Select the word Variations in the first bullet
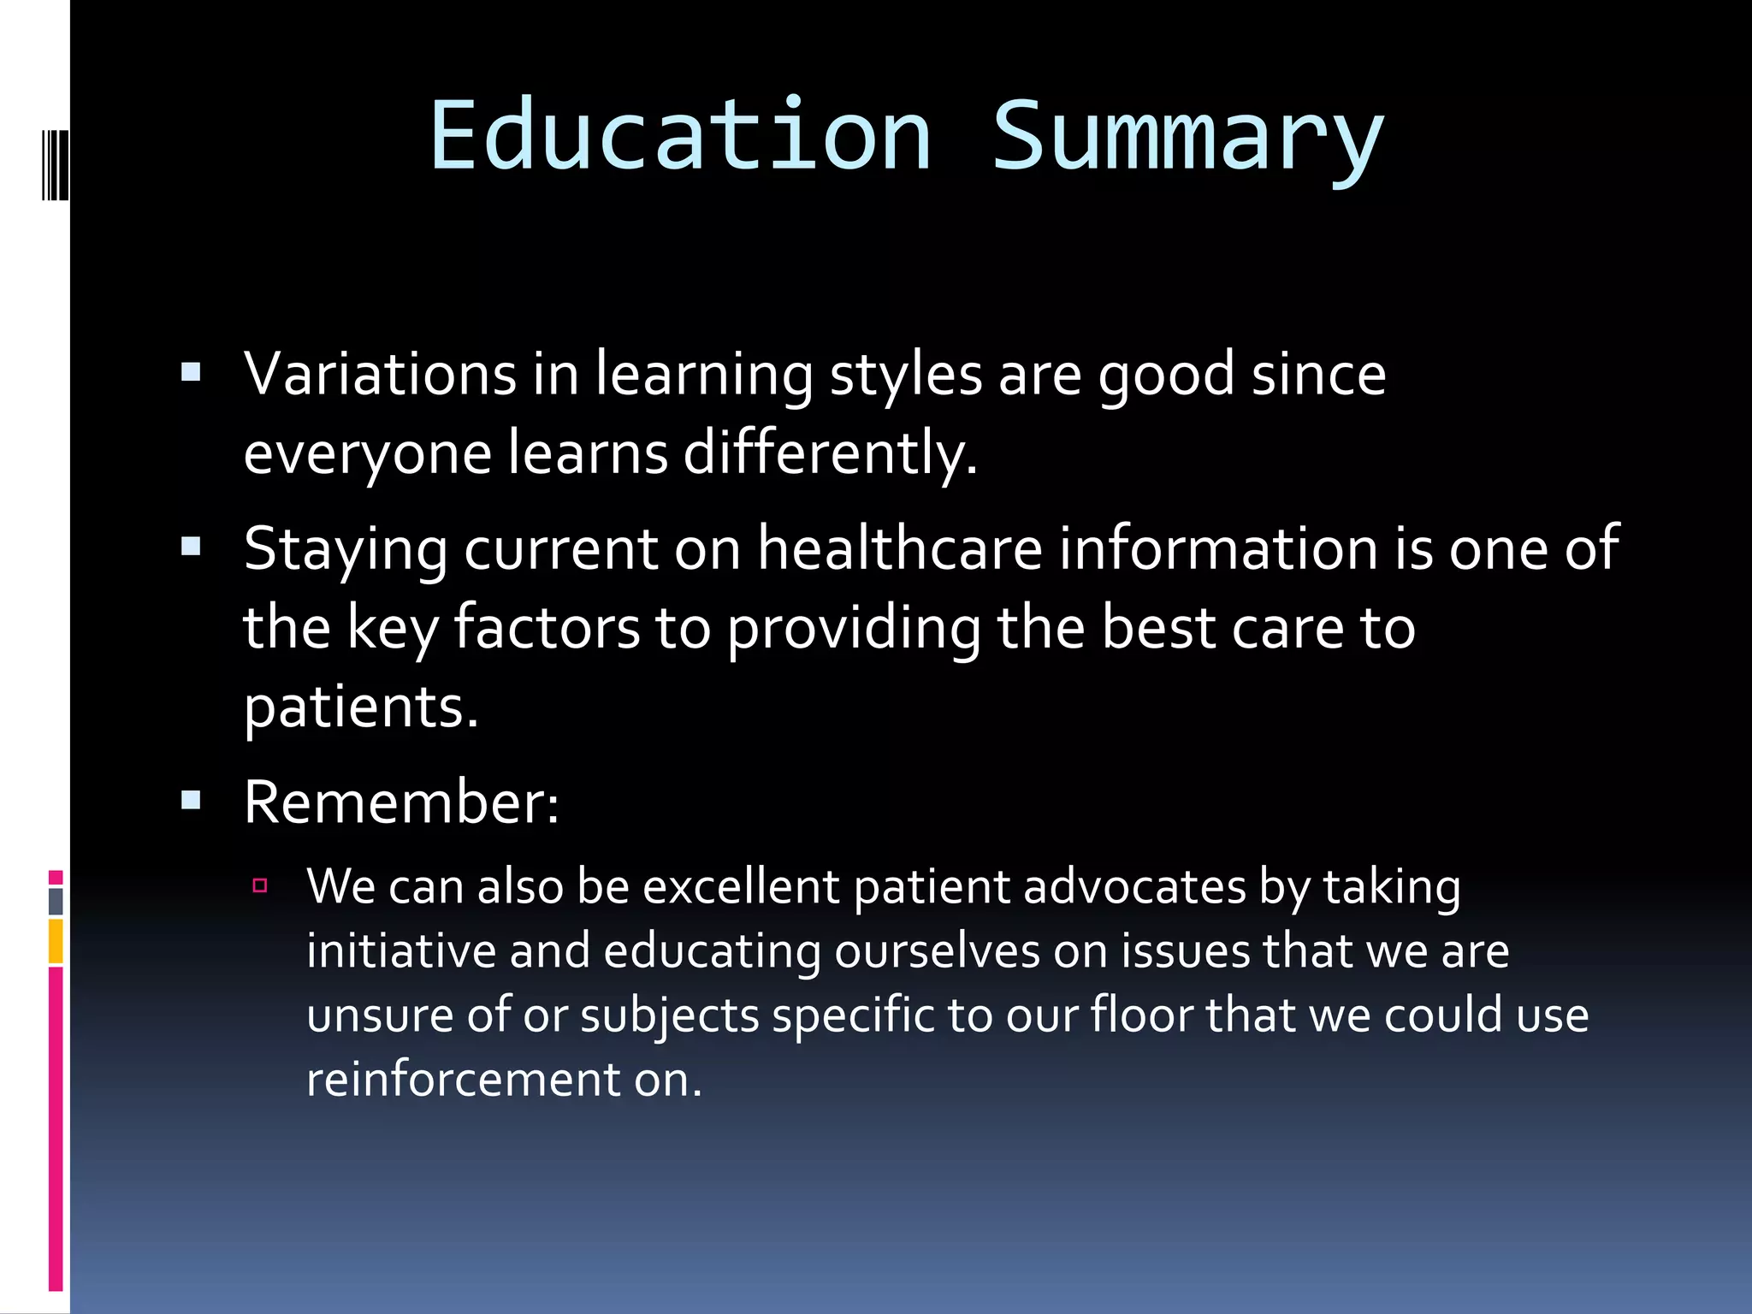pyautogui.click(x=380, y=374)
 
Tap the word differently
pyautogui.click(x=830, y=453)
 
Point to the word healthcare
pyautogui.click(x=900, y=548)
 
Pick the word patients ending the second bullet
pyautogui.click(x=360, y=708)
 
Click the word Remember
pyautogui.click(x=400, y=802)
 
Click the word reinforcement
pyautogui.click(x=463, y=1080)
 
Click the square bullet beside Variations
pyautogui.click(x=191, y=372)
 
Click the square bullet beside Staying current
pyautogui.click(x=191, y=547)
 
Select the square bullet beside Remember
pyautogui.click(x=191, y=801)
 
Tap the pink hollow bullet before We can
pyautogui.click(x=261, y=885)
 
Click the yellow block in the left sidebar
pyautogui.click(x=56, y=941)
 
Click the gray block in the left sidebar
pyautogui.click(x=56, y=902)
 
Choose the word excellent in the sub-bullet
pyautogui.click(x=740, y=887)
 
